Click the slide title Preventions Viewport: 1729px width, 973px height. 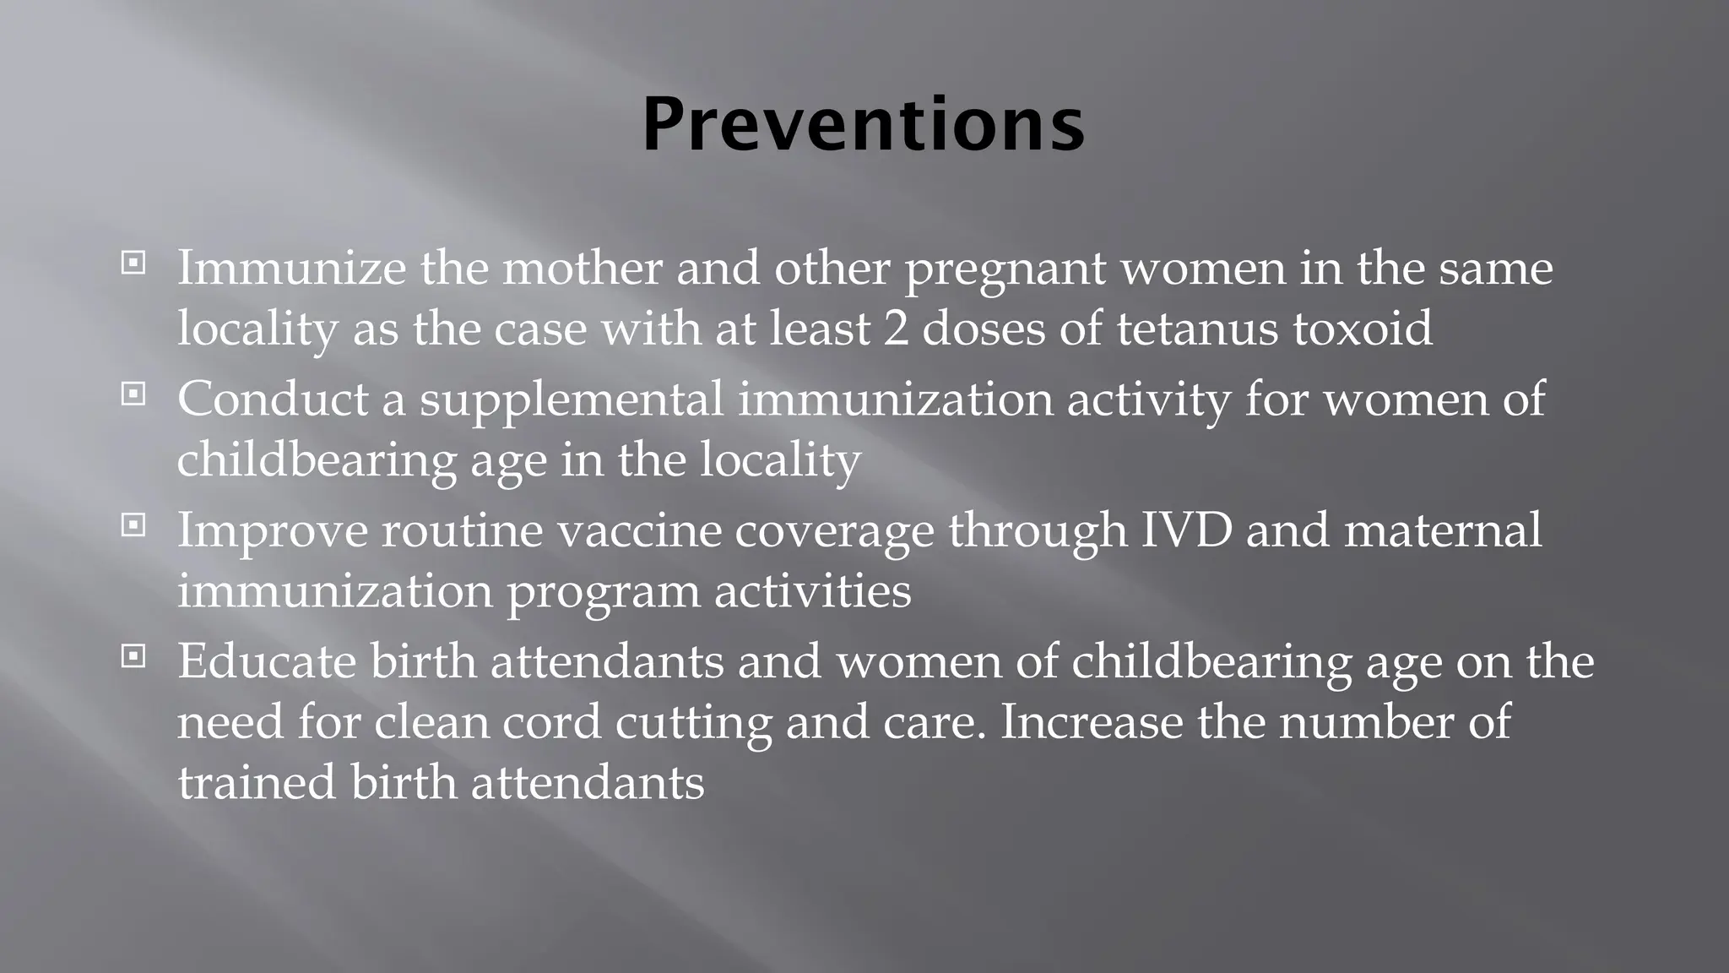coord(863,124)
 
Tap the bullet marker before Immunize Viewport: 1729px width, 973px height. coord(133,263)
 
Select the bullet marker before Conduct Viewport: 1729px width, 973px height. coord(133,394)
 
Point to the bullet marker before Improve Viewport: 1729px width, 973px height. coord(133,525)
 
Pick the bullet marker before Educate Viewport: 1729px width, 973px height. coord(133,656)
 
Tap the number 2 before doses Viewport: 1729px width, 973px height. coord(896,329)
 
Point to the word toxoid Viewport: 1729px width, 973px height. coord(1363,329)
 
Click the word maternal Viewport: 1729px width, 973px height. coord(1443,530)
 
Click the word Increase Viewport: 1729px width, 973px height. coord(1092,722)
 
